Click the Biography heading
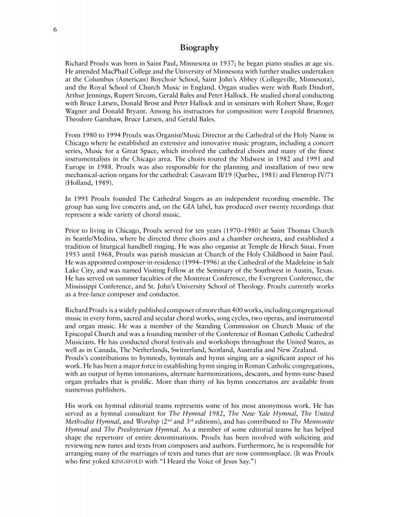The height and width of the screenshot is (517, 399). point(199,48)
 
